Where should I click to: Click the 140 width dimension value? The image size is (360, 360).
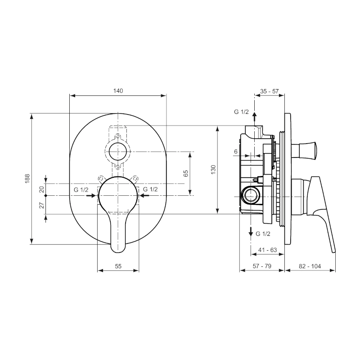click(x=118, y=91)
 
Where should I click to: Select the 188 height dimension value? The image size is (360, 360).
click(x=27, y=178)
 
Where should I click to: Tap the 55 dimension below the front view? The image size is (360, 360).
click(x=118, y=266)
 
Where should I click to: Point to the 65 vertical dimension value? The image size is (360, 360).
click(x=186, y=173)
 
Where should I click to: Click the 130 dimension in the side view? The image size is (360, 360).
click(x=213, y=170)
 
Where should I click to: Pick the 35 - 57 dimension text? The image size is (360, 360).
click(x=269, y=91)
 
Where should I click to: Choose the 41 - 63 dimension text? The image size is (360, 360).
click(x=268, y=250)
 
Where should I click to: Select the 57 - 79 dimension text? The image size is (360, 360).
click(x=262, y=266)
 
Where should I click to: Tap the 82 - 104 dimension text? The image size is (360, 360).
click(x=310, y=266)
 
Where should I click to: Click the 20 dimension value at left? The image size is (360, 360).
click(x=41, y=189)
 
